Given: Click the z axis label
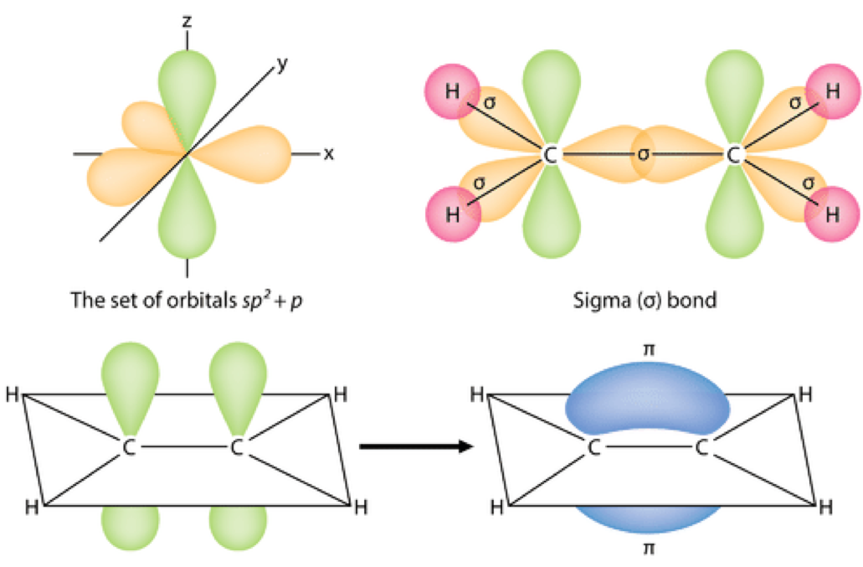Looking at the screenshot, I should [187, 18].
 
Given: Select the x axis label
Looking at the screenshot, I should [329, 154].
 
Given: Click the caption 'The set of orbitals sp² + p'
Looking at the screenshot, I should [187, 300].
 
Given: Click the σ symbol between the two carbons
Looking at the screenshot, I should [642, 154].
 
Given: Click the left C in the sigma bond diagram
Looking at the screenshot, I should [549, 154].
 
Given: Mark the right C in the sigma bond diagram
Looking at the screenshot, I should [734, 154].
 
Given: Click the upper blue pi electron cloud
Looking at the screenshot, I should [647, 398].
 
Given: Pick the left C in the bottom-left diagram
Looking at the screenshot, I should [130, 448].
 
